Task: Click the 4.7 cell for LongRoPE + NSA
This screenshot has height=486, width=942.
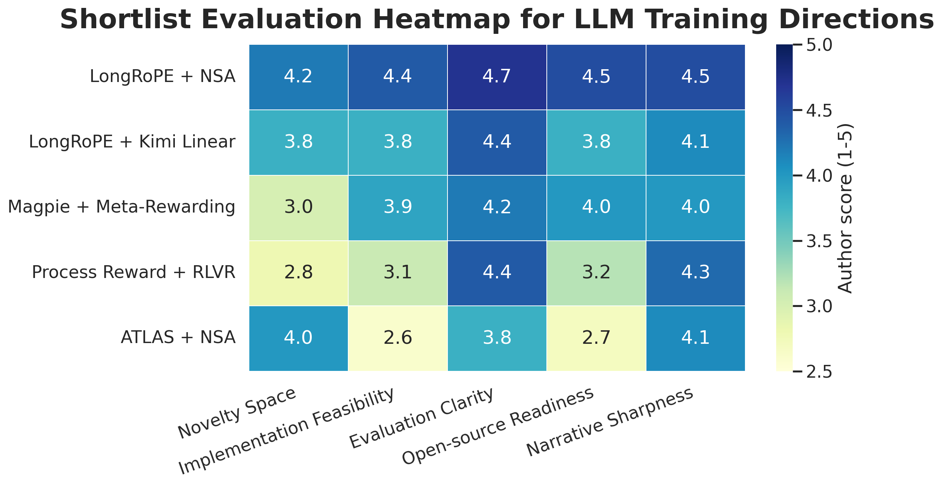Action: [x=497, y=77]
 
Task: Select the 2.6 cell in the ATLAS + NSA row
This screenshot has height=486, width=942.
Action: [x=397, y=338]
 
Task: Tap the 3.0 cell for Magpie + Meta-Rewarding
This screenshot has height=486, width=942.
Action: [x=298, y=207]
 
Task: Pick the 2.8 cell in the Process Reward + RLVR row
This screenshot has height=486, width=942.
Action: [x=298, y=273]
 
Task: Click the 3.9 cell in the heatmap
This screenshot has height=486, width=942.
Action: [x=397, y=207]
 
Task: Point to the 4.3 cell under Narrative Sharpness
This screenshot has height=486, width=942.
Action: [x=695, y=273]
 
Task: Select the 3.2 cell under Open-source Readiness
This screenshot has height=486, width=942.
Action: [x=596, y=273]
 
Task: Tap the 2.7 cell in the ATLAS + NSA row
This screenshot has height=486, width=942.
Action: [x=596, y=338]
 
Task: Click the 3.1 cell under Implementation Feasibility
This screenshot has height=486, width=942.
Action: [x=397, y=273]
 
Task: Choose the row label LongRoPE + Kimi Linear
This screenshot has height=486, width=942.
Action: [x=132, y=142]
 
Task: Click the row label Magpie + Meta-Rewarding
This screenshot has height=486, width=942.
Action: [x=121, y=207]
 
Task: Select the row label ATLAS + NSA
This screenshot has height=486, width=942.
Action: [x=178, y=337]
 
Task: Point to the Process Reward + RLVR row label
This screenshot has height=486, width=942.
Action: [x=133, y=272]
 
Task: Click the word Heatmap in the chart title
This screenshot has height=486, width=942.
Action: [x=426, y=20]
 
